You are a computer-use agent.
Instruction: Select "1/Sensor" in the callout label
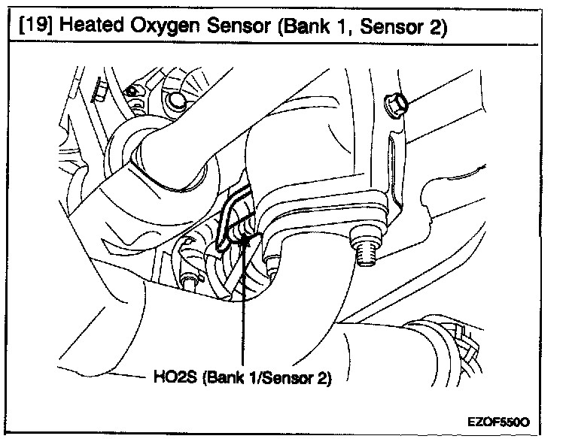tap(277, 377)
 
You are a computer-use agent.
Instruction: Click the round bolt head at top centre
tap(178, 104)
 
